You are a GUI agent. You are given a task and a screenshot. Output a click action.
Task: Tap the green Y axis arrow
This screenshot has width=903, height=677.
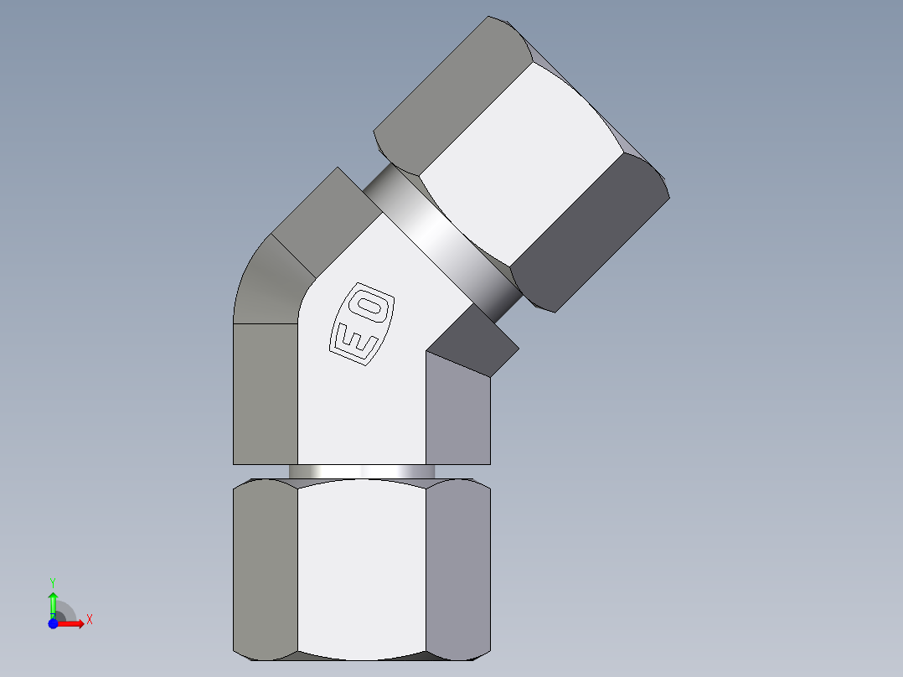pyautogui.click(x=52, y=602)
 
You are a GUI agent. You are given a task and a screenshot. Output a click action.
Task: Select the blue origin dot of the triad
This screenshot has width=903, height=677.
pyautogui.click(x=52, y=623)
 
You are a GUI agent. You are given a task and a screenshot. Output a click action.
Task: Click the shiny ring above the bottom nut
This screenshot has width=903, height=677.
pyautogui.click(x=361, y=472)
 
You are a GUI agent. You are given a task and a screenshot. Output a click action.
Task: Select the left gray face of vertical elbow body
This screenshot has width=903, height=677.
pyautogui.click(x=265, y=394)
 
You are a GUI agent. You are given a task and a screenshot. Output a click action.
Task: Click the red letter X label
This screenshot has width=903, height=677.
pyautogui.click(x=90, y=619)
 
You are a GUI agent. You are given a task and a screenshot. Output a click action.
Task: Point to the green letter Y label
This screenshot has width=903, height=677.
pyautogui.click(x=52, y=581)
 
